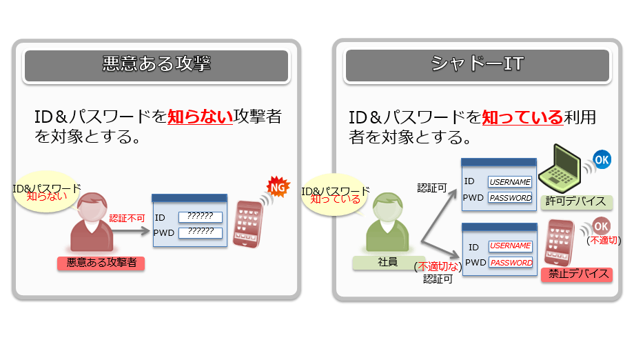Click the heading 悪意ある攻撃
pos(156,65)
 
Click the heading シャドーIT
pos(477,65)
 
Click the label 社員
pos(388,263)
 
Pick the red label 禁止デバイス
pos(579,274)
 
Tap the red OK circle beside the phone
pos(601,226)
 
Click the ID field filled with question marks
pos(201,217)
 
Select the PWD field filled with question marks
pos(201,232)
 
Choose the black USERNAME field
pos(510,182)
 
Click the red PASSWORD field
pos(511,263)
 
